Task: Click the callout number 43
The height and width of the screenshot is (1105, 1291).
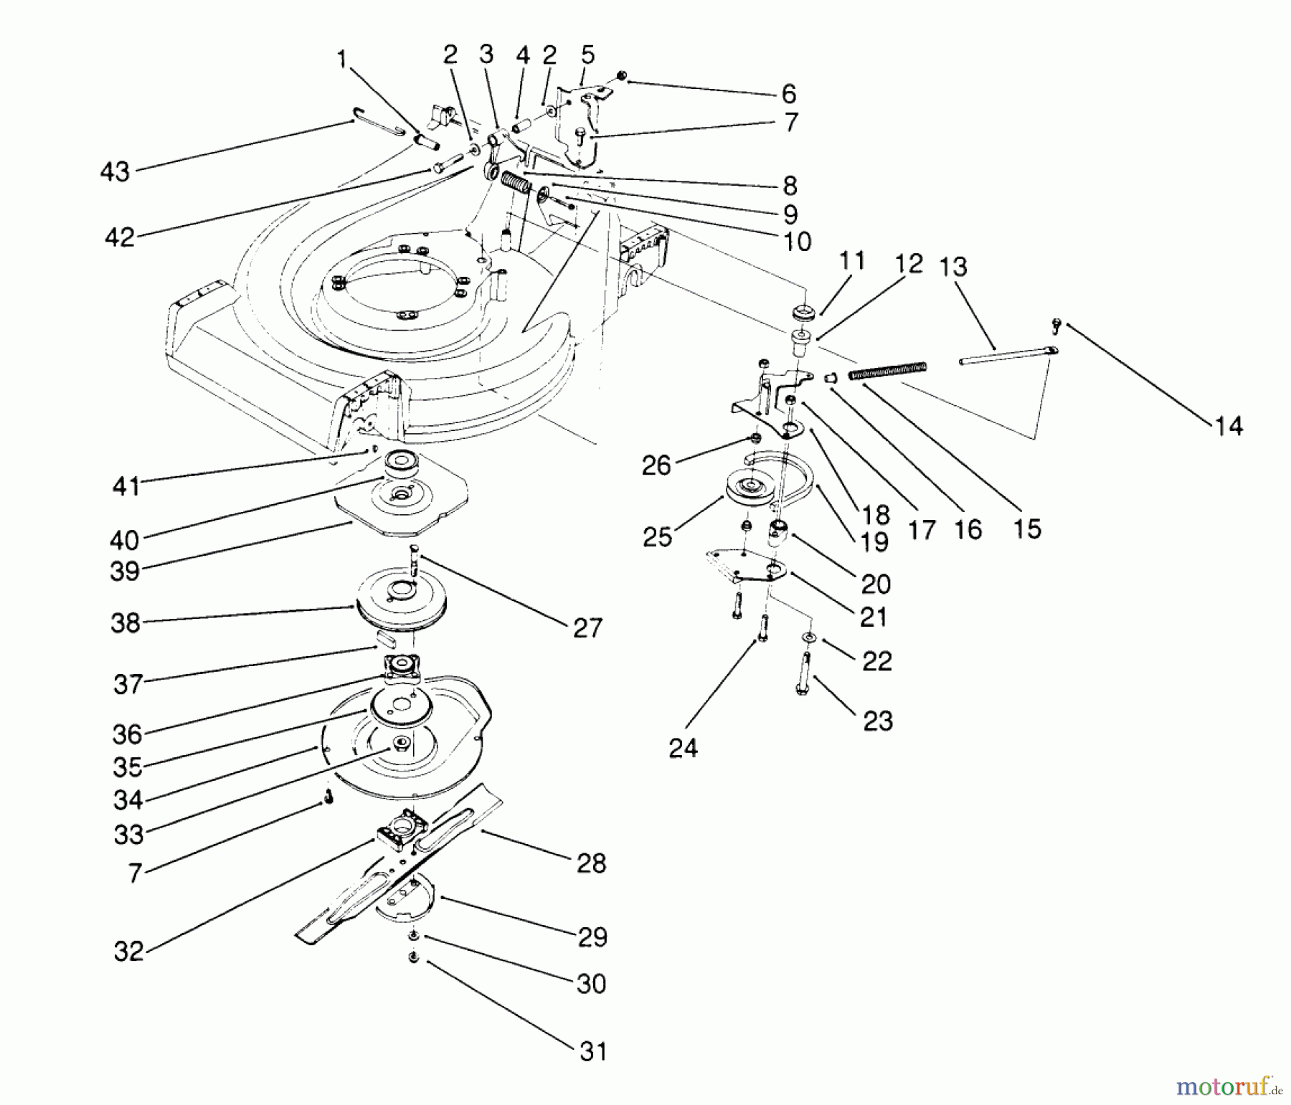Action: click(115, 172)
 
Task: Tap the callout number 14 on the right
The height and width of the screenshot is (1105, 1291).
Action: click(1228, 426)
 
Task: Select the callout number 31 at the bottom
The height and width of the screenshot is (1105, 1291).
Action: click(592, 1051)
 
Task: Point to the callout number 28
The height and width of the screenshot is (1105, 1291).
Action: click(591, 863)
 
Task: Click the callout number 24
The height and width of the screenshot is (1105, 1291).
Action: click(682, 749)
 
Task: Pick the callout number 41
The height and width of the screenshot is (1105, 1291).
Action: click(126, 486)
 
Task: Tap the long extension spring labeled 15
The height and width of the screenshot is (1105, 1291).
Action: click(887, 371)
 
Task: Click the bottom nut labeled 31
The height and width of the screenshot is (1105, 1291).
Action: click(414, 957)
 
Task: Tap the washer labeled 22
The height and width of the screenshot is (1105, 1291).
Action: click(809, 637)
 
